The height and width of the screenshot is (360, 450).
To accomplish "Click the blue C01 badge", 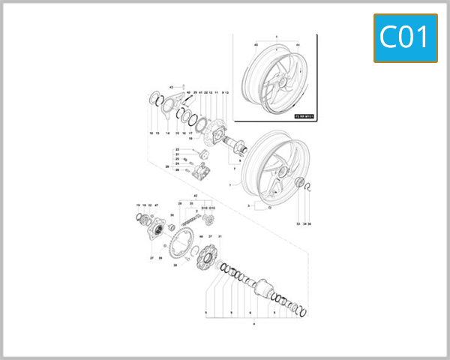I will pyautogui.click(x=405, y=37).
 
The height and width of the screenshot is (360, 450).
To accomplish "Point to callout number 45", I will pyautogui.click(x=256, y=45).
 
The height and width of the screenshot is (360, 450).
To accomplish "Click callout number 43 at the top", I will pyautogui.click(x=171, y=88).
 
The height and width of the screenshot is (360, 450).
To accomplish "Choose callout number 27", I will pyautogui.click(x=151, y=257).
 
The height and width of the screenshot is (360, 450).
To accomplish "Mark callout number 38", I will pyautogui.click(x=175, y=265).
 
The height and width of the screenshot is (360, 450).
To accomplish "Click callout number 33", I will pyautogui.click(x=298, y=223).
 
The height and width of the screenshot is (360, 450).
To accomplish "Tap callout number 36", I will pyautogui.click(x=310, y=223).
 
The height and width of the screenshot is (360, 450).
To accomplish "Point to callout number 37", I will pyautogui.click(x=210, y=235).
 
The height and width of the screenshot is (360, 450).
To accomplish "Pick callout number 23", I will pyautogui.click(x=177, y=150).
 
